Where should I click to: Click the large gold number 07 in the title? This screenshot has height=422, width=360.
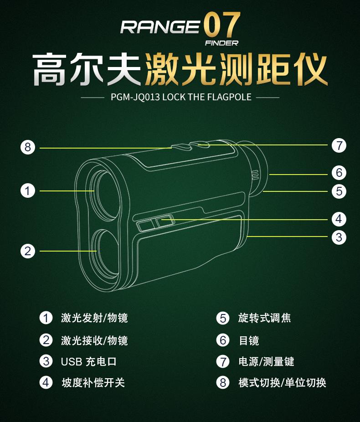[222, 25]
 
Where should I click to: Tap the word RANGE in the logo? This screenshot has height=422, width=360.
[160, 27]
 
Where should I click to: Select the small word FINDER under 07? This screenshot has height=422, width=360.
[222, 43]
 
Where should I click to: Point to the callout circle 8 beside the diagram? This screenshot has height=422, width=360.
[28, 148]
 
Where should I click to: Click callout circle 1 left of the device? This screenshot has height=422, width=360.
[28, 191]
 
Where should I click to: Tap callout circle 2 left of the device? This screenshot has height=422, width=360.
[28, 251]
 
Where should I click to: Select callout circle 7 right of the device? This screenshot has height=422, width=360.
[339, 145]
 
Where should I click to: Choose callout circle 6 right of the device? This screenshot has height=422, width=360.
[339, 173]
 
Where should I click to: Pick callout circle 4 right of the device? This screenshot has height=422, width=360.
[339, 219]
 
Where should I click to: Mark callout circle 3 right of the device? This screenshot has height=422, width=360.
[339, 237]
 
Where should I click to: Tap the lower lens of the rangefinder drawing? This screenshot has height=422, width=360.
[105, 255]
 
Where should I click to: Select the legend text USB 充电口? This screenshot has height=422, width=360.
[89, 361]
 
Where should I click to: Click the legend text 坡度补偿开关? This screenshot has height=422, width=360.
[93, 382]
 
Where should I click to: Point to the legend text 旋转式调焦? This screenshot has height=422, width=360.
[264, 318]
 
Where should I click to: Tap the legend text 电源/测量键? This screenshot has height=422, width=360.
[267, 361]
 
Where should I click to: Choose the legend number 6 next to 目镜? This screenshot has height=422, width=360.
[223, 340]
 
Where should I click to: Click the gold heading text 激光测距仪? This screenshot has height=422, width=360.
[236, 69]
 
